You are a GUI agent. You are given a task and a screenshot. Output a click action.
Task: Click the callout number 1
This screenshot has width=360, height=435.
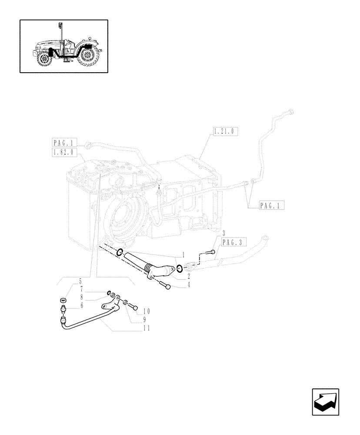(184, 254)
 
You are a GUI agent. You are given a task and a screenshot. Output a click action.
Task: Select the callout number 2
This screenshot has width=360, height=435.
(189, 276)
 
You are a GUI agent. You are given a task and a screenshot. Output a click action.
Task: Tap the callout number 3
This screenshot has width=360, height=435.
(223, 233)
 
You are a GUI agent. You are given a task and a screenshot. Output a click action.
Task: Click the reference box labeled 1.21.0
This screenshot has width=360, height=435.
(226, 130)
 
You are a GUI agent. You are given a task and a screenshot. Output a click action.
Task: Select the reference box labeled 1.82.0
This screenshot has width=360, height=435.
(64, 152)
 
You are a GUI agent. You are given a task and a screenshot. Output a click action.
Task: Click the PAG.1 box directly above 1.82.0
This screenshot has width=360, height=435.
(64, 142)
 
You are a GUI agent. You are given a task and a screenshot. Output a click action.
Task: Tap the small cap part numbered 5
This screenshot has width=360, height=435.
(63, 300)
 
